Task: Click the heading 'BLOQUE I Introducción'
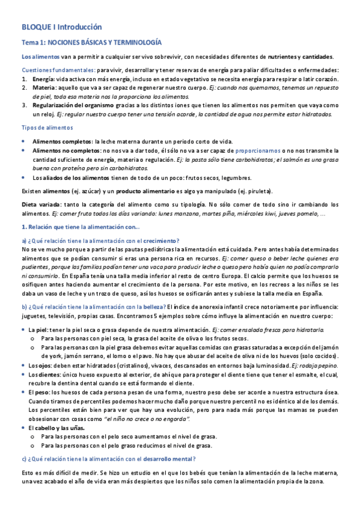[x=62, y=27]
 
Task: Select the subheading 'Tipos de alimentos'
[x=47, y=128]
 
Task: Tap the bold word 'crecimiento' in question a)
[x=159, y=241]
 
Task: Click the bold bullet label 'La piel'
[x=39, y=330]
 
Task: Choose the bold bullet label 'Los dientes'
[x=44, y=374]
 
